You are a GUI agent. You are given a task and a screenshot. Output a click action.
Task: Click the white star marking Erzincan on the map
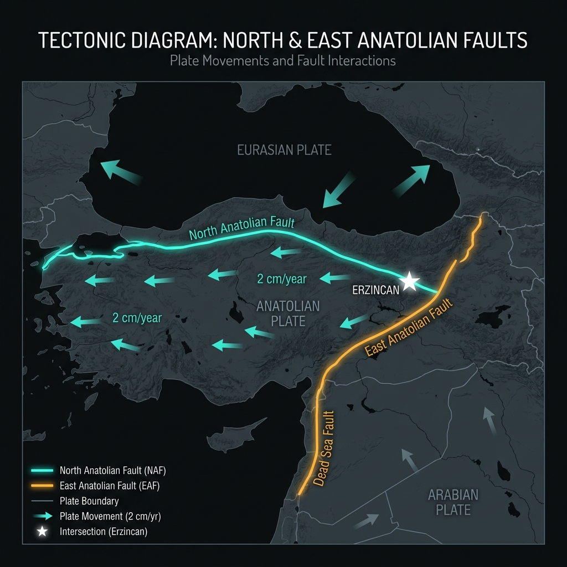tap(409, 281)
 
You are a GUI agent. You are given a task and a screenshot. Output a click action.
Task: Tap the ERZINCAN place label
tap(375, 290)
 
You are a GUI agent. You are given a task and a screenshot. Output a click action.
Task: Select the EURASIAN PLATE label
tap(284, 150)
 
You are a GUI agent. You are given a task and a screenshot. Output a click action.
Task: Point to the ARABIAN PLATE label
tap(453, 502)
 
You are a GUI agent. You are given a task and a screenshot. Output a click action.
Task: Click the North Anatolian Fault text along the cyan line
tap(241, 228)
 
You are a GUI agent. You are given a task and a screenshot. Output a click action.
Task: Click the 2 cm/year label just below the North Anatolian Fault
tap(281, 279)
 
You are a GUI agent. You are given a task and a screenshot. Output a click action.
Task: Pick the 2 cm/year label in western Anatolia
tap(137, 318)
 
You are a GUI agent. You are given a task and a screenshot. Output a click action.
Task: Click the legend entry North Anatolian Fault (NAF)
tap(112, 471)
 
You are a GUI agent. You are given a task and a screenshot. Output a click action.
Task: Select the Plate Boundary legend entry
tap(89, 501)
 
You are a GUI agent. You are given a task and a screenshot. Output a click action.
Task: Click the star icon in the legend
tap(42, 532)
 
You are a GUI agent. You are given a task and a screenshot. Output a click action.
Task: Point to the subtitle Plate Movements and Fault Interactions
tap(283, 60)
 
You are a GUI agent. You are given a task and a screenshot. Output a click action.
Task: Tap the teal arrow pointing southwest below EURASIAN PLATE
tap(338, 190)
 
